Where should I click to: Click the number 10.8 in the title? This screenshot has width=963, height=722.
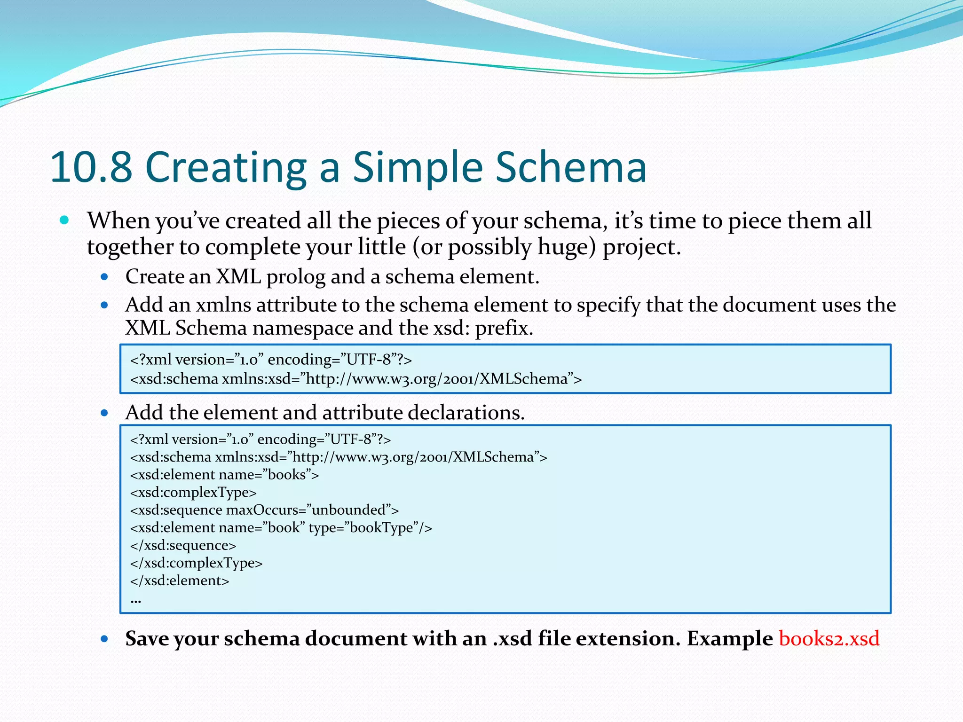click(x=92, y=167)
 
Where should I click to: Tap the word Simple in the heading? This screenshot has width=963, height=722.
click(x=418, y=167)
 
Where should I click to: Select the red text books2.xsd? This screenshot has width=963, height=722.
click(x=829, y=638)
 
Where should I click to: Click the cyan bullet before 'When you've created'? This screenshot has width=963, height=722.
click(x=65, y=220)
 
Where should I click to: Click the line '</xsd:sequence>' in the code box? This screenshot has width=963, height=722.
click(x=183, y=545)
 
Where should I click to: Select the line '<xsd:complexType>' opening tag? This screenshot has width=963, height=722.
click(x=193, y=492)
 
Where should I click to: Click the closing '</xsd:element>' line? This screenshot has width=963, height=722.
click(x=180, y=581)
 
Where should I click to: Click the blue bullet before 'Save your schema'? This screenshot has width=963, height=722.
click(x=104, y=639)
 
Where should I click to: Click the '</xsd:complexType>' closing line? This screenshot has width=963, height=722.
click(x=197, y=563)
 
